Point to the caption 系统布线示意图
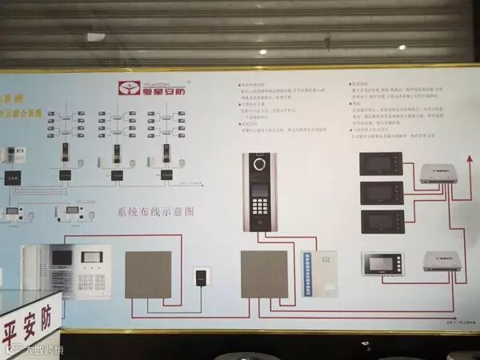click(156, 212)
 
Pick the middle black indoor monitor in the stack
click(380, 192)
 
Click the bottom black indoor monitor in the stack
click(380, 221)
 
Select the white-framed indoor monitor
click(382, 263)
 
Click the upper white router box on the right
click(438, 172)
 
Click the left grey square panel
click(148, 274)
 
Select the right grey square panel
click(264, 274)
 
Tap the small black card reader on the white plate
click(199, 279)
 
